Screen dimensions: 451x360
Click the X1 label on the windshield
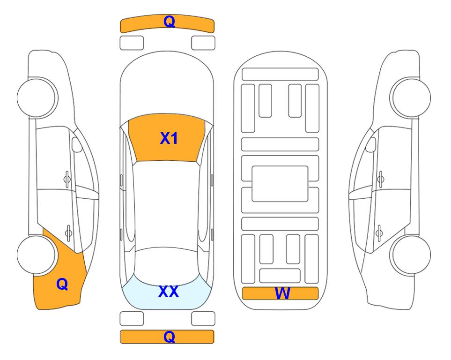pyautogui.click(x=169, y=138)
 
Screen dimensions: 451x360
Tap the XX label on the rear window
pyautogui.click(x=169, y=292)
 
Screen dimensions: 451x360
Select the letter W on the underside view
pyautogui.click(x=282, y=293)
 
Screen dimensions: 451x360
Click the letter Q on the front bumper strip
pyautogui.click(x=169, y=22)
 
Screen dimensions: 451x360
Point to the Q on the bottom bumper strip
pyautogui.click(x=169, y=337)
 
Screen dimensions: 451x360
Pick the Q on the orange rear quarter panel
pyautogui.click(x=62, y=284)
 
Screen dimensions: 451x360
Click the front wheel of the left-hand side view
pyautogui.click(x=37, y=97)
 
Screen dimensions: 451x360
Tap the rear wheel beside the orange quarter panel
pyautogui.click(x=36, y=255)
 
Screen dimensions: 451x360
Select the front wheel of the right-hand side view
pyautogui.click(x=411, y=97)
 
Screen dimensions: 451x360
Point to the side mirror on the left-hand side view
pyautogui.click(x=76, y=144)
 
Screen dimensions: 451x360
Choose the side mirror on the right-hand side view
pyautogui.click(x=371, y=144)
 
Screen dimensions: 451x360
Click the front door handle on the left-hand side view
pyautogui.click(x=67, y=180)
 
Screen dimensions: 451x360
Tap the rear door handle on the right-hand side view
pyautogui.click(x=379, y=233)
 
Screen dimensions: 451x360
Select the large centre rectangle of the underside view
pyautogui.click(x=280, y=184)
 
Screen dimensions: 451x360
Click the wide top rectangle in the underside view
pyautogui.click(x=280, y=75)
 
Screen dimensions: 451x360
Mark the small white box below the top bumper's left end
pyautogui.click(x=132, y=43)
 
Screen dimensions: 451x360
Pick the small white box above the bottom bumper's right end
pyautogui.click(x=203, y=319)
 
